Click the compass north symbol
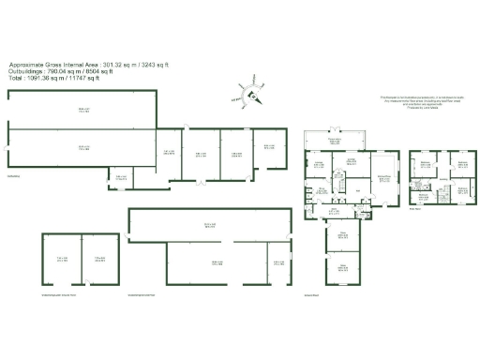click(249, 93)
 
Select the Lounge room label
click(319, 164)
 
